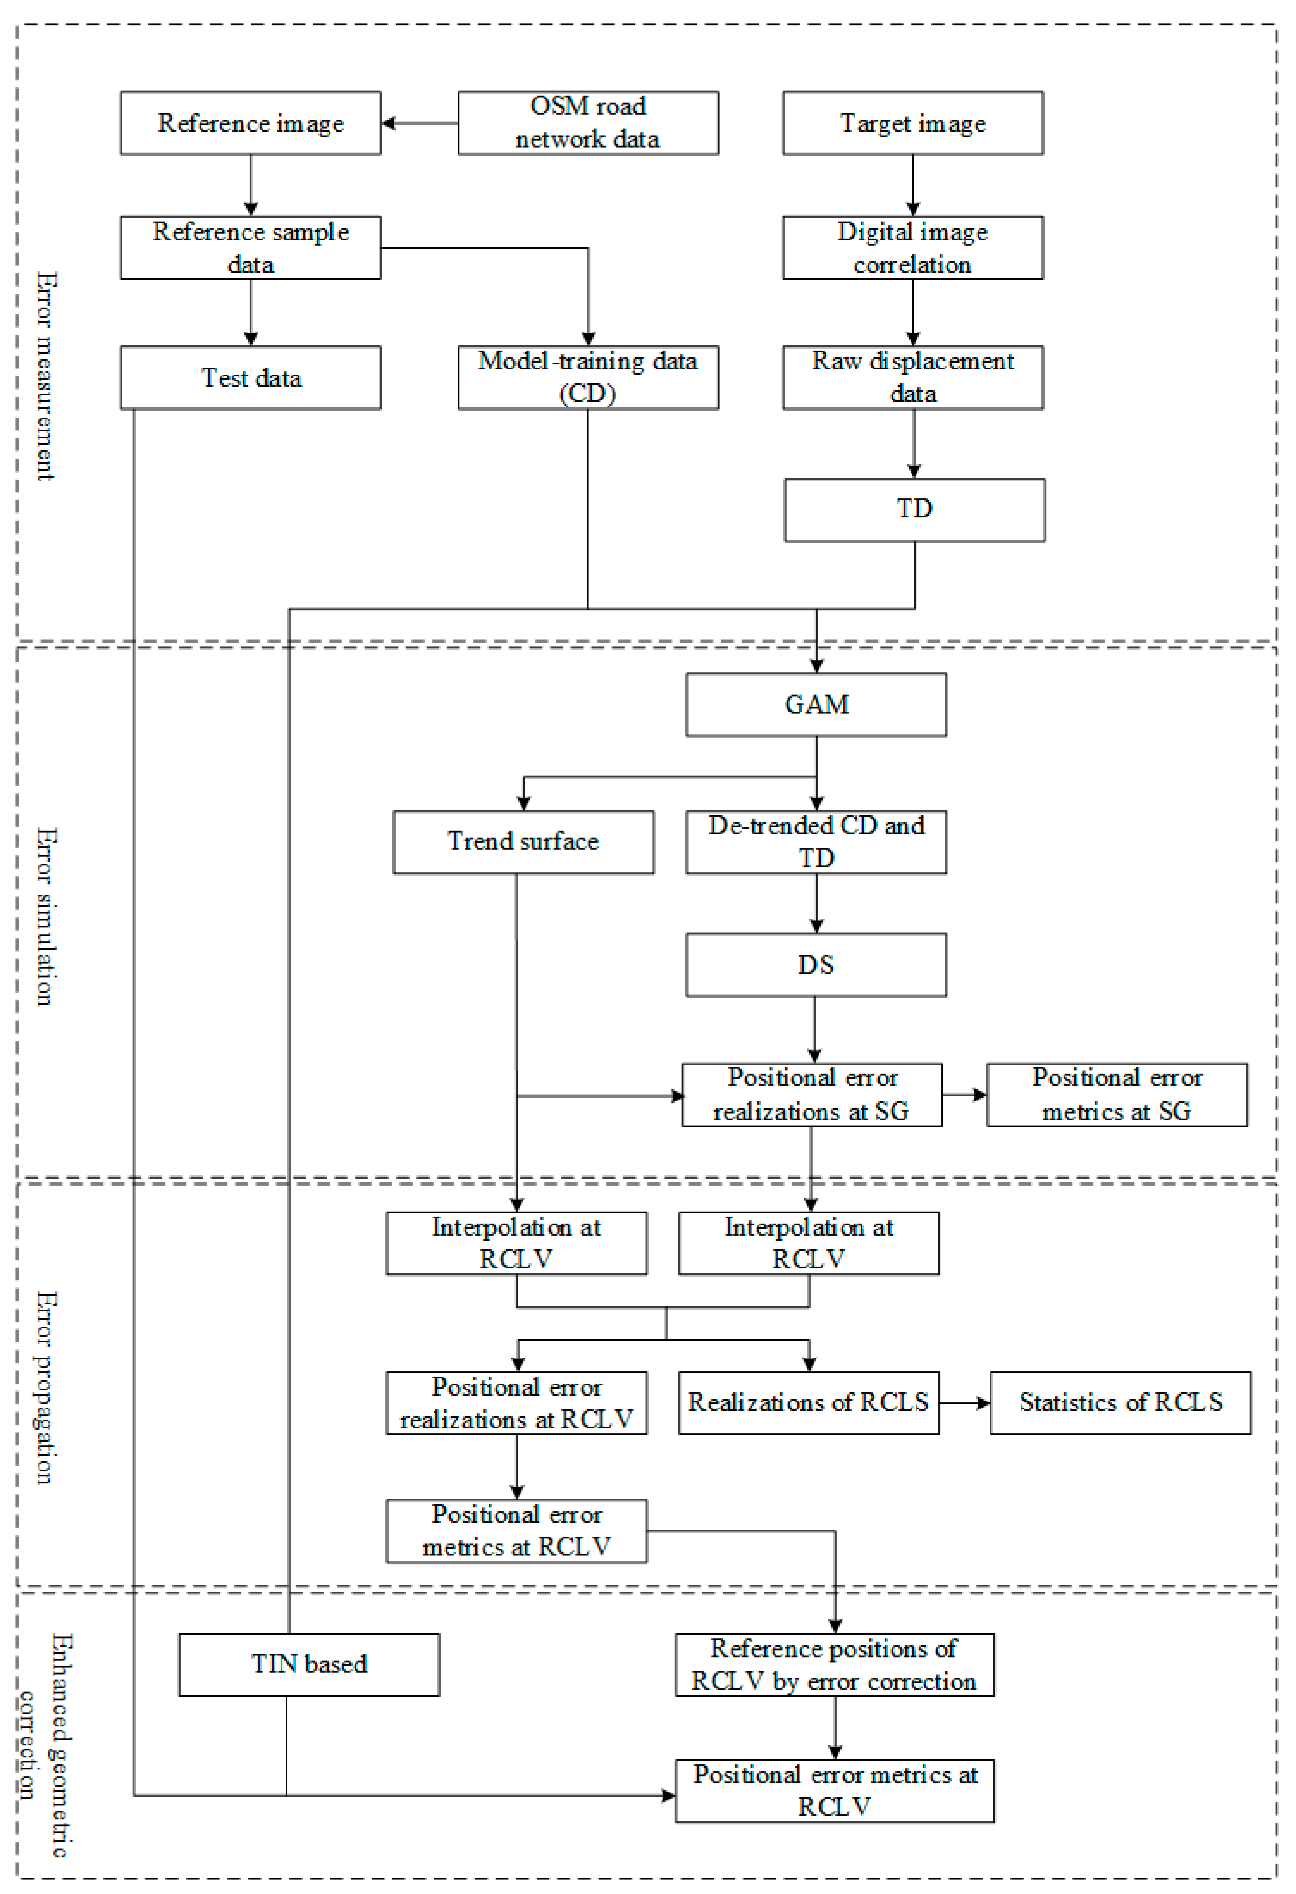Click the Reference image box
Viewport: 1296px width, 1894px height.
point(250,123)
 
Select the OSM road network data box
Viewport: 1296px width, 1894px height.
point(588,123)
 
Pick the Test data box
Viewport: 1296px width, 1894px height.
point(250,377)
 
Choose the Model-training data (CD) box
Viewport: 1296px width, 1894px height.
point(588,377)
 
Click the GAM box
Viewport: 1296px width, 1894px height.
point(816,704)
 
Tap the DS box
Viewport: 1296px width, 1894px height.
point(816,965)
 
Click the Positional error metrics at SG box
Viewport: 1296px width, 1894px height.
point(1117,1095)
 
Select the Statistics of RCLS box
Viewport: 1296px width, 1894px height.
point(1120,1402)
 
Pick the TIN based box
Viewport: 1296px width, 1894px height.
point(309,1664)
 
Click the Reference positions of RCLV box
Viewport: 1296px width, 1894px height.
point(834,1664)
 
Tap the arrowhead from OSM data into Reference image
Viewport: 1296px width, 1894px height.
point(389,123)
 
